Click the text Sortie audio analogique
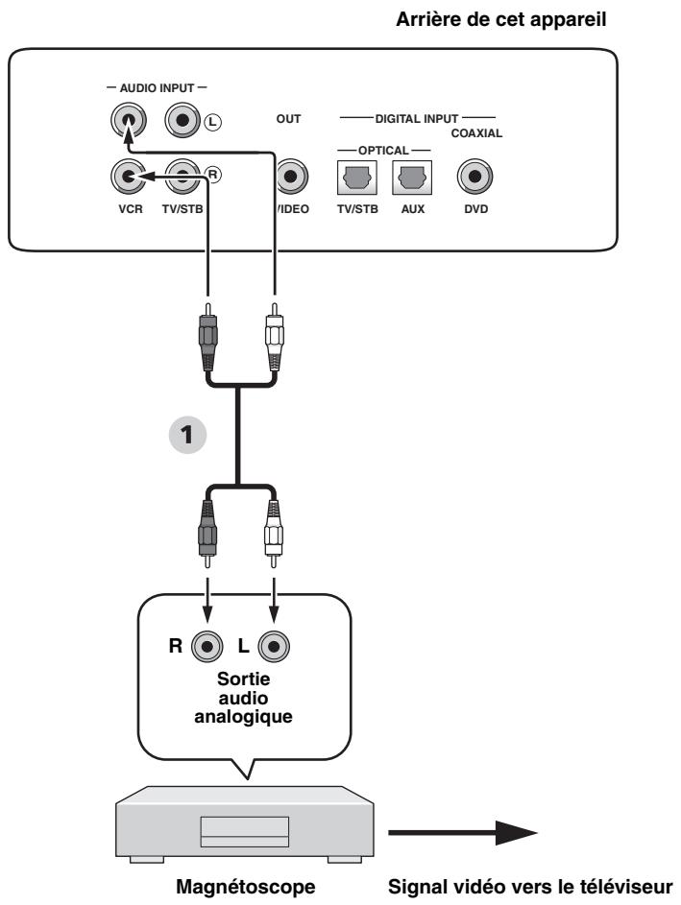point(239,694)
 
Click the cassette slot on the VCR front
point(242,830)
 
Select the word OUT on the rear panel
point(289,119)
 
